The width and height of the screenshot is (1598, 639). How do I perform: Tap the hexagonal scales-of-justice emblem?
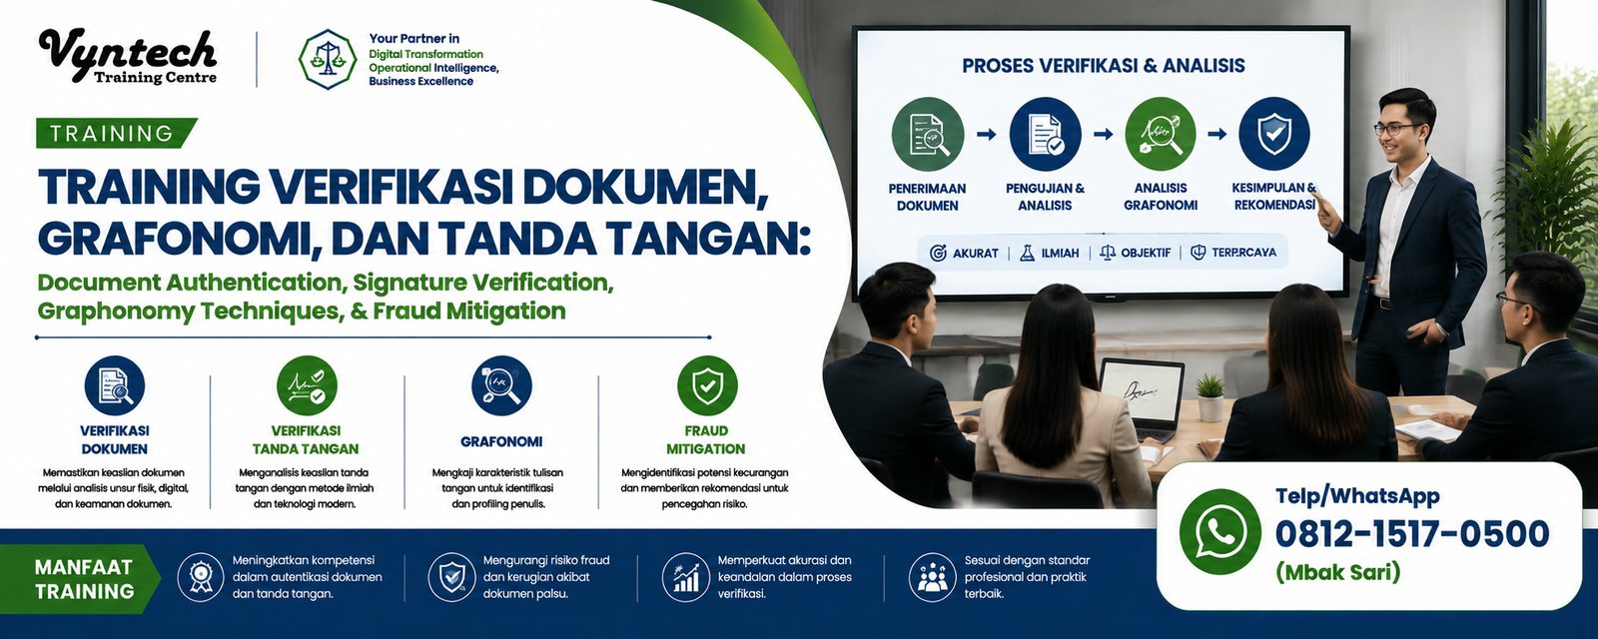(x=328, y=60)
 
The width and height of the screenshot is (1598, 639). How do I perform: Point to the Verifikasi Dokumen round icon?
(x=114, y=385)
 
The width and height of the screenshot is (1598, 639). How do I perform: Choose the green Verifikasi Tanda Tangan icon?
(x=307, y=385)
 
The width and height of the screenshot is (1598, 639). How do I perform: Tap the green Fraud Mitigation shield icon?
(x=707, y=385)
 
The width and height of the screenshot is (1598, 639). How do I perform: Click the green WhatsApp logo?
(x=1219, y=532)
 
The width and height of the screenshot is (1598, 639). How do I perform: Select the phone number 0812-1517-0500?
(x=1412, y=534)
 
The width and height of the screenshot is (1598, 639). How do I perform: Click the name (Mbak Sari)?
(x=1338, y=572)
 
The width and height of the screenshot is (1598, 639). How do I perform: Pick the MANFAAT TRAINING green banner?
(x=81, y=579)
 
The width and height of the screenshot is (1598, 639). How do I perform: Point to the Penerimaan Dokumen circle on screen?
(x=928, y=134)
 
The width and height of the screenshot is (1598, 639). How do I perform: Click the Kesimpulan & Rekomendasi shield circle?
(x=1274, y=134)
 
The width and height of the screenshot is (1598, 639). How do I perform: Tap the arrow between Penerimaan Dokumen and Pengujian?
(x=987, y=134)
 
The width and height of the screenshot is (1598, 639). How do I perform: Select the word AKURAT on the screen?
(x=975, y=253)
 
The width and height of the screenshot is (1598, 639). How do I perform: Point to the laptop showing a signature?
(x=1141, y=398)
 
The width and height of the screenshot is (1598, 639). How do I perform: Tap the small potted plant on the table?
(x=1210, y=397)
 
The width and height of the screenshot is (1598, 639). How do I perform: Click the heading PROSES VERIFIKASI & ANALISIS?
(x=1104, y=66)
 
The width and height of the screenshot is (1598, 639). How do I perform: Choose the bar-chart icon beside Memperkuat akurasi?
(x=685, y=577)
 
